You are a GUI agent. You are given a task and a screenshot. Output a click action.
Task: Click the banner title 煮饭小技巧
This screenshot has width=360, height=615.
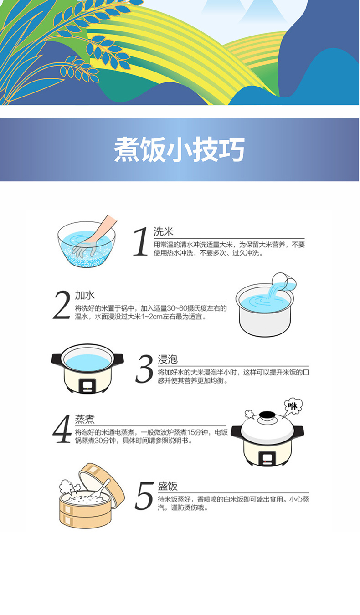(x=179, y=149)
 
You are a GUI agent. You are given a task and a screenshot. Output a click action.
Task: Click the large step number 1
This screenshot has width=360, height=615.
(x=141, y=242)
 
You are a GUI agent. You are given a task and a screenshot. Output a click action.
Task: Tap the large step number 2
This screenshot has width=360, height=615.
(x=62, y=305)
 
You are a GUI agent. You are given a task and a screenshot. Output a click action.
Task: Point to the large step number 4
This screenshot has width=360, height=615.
(x=62, y=429)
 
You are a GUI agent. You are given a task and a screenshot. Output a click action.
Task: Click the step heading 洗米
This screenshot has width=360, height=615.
(x=164, y=231)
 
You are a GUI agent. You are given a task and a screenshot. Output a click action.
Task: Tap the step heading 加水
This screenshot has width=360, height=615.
(x=85, y=295)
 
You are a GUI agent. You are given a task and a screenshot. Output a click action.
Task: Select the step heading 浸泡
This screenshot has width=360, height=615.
(x=168, y=359)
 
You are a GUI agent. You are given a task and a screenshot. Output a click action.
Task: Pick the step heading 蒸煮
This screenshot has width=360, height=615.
(x=85, y=419)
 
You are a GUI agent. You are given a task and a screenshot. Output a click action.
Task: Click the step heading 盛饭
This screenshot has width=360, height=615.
(x=168, y=486)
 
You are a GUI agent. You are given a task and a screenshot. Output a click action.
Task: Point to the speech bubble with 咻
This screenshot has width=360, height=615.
(x=293, y=405)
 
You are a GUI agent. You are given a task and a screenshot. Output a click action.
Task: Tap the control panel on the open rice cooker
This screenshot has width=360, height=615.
(x=87, y=385)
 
